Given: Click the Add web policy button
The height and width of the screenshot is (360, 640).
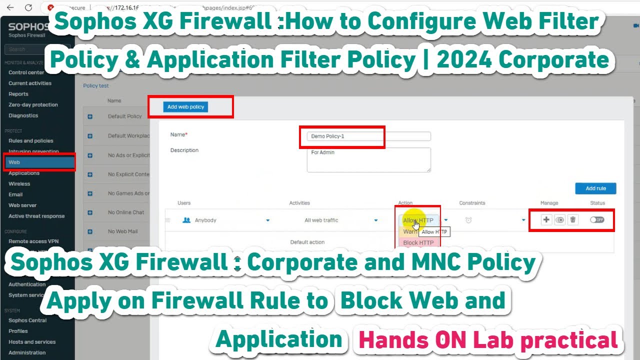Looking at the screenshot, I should tap(186, 106).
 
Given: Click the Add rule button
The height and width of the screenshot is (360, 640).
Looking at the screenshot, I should tap(595, 188).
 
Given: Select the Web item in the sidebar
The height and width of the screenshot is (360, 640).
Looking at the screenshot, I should tap(14, 162).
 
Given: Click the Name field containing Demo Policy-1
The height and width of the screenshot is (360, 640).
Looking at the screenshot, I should tap(368, 136).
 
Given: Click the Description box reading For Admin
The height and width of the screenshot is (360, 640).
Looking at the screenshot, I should tap(368, 159).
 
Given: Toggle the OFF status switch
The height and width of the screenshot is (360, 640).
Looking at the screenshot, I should tap(597, 219).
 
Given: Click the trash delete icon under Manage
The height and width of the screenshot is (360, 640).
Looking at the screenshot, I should tap(573, 219).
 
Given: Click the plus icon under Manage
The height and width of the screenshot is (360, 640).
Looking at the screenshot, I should tap(546, 219).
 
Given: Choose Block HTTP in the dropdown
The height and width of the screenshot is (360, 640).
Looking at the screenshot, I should tap(418, 242).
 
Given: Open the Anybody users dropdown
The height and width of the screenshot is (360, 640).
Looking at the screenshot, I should tap(267, 220).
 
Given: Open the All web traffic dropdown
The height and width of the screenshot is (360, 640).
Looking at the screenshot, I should tap(376, 220).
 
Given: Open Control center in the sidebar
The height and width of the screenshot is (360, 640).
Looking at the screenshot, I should tap(26, 72).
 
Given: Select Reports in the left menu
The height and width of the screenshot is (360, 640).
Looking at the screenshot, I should tap(18, 94).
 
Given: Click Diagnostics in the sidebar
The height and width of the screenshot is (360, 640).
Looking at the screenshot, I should tap(23, 115).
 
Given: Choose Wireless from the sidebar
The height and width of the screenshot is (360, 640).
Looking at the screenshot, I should tap(19, 184).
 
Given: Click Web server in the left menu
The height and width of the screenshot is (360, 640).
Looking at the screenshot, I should tap(22, 205).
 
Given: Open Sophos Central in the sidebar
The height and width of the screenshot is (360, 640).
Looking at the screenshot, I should tap(27, 320).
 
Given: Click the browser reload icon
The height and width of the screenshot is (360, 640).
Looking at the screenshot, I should tap(28, 7).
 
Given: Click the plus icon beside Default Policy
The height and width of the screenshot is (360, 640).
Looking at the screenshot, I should tap(90, 116).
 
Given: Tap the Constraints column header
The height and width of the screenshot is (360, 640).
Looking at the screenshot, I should tap(472, 203).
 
